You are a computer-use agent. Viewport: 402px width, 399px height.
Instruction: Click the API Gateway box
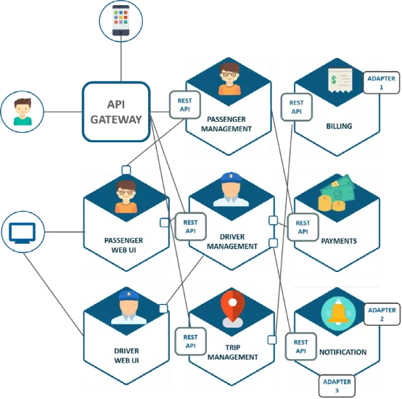tap(116, 110)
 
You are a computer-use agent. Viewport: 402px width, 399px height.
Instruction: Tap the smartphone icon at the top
tap(120, 20)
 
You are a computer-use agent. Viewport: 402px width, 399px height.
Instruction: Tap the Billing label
tap(339, 126)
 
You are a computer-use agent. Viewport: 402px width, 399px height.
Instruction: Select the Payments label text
tap(339, 241)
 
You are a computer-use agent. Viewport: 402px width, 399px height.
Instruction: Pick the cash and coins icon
tap(338, 197)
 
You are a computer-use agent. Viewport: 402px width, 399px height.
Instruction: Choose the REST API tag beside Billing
tap(297, 107)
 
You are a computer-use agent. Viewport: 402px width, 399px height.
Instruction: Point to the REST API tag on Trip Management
tap(191, 341)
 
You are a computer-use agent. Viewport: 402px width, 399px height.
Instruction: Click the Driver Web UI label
tap(126, 355)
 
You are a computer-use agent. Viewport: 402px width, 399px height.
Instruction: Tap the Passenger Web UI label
tap(123, 244)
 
